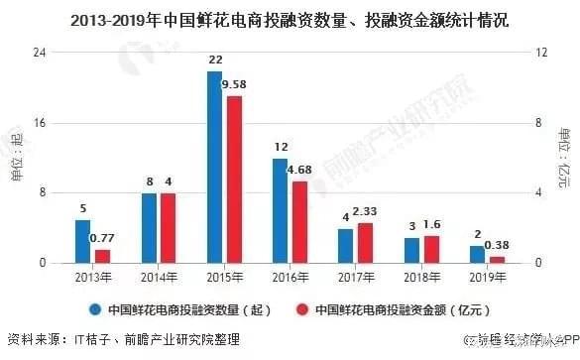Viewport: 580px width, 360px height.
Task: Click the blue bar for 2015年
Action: [214, 167]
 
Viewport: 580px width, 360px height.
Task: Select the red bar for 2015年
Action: [234, 179]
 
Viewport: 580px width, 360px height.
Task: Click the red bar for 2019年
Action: [497, 259]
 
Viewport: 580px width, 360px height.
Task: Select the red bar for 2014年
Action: [169, 227]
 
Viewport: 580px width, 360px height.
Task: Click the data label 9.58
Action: [235, 85]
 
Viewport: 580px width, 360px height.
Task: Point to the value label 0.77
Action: [103, 238]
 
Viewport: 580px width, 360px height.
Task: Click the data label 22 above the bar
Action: [214, 60]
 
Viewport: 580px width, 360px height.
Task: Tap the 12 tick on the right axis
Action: [542, 53]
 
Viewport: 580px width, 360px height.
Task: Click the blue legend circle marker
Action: [95, 309]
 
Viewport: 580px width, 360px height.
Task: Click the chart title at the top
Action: [290, 17]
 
